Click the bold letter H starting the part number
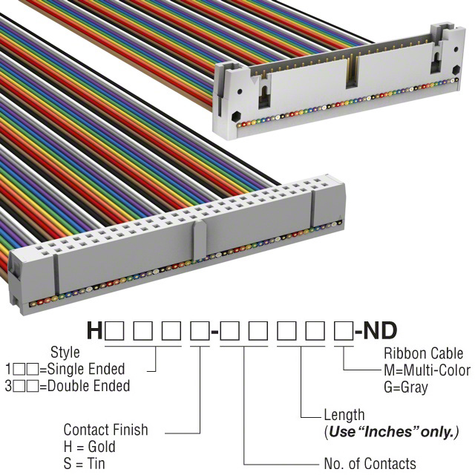[x=94, y=330]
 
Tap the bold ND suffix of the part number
[x=380, y=330]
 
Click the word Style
[x=65, y=353]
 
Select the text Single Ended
[x=86, y=369]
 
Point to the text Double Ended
[x=89, y=386]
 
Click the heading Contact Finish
[x=105, y=430]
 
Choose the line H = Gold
[x=90, y=447]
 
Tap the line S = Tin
[x=84, y=463]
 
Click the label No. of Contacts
[x=370, y=463]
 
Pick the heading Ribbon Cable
[x=424, y=353]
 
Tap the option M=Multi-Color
[x=427, y=370]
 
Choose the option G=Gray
[x=406, y=387]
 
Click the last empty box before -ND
[x=344, y=330]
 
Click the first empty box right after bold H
[x=114, y=330]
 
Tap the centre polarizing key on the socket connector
[x=200, y=240]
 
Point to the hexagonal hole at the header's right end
[x=456, y=70]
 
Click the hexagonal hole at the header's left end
[x=236, y=117]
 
